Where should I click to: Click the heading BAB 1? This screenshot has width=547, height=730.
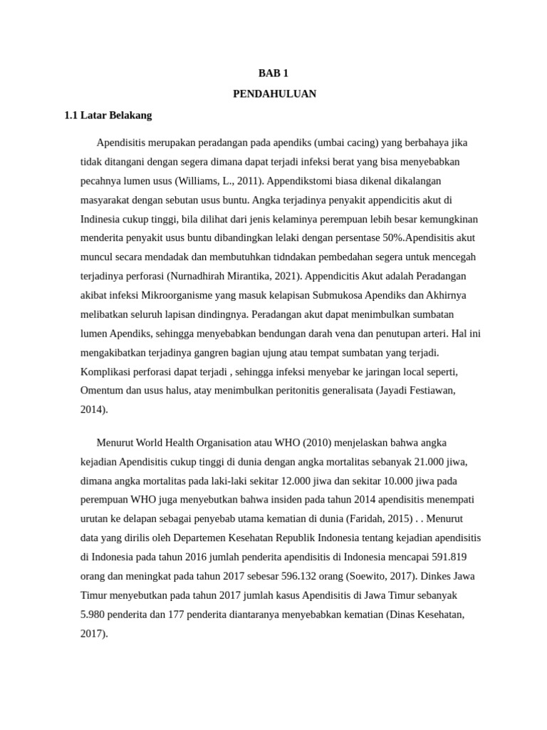(x=274, y=73)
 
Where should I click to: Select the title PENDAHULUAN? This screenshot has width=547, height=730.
(x=274, y=93)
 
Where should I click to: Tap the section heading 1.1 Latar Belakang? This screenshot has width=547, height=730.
(x=108, y=114)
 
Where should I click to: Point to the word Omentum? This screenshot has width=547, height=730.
(x=102, y=390)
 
